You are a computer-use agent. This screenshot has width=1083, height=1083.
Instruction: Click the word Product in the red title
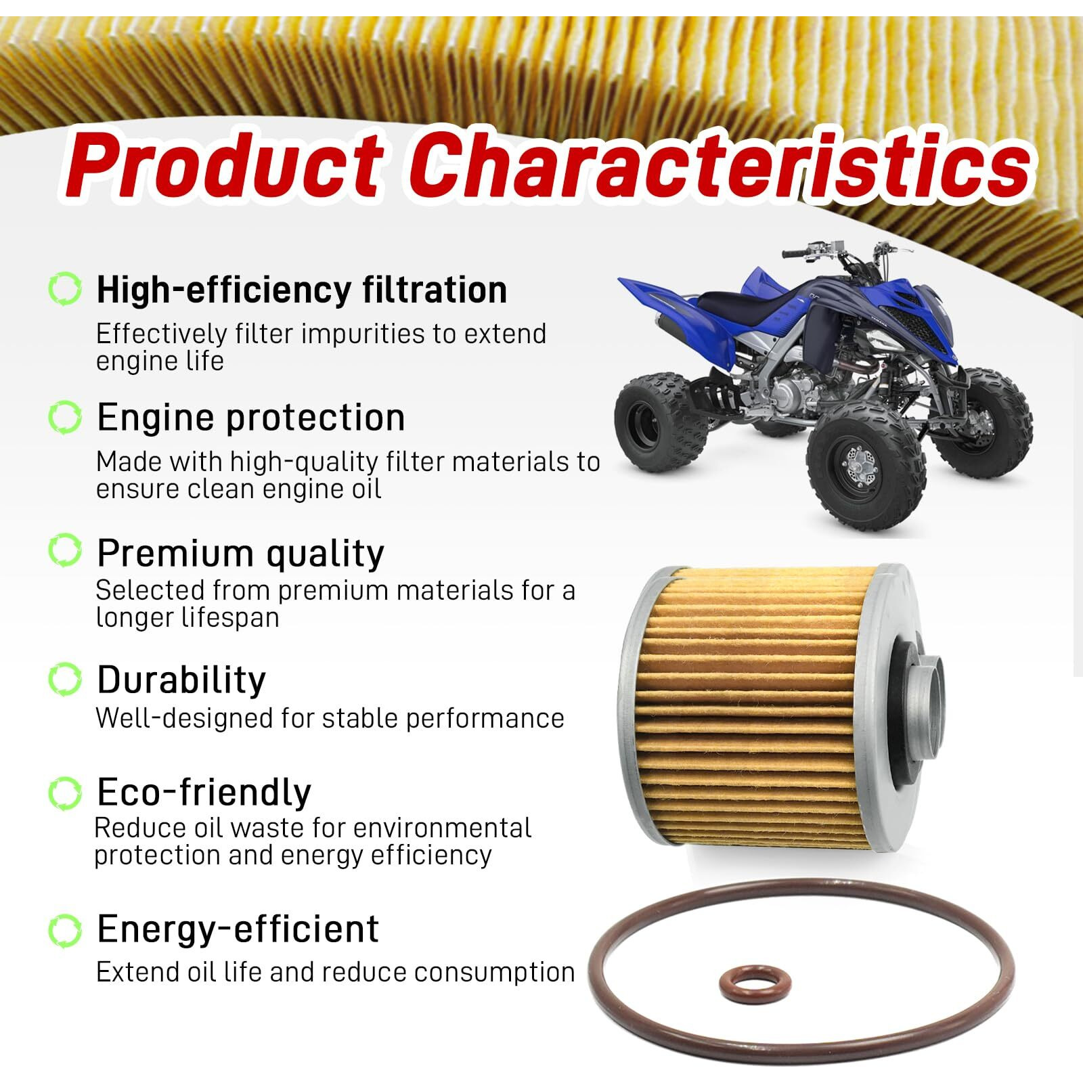pos(223,166)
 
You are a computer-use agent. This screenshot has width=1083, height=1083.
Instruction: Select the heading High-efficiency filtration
pos(302,290)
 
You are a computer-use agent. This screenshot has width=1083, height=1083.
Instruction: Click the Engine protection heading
pos(251,417)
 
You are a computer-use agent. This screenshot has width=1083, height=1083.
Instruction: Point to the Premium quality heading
pos(240,553)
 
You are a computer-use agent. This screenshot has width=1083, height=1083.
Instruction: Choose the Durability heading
pos(181,680)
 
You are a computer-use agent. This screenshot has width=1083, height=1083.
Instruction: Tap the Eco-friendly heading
pos(204,792)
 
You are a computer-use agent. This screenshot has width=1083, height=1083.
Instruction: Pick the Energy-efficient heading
pos(238,929)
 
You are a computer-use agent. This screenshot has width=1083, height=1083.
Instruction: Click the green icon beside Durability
pos(65,679)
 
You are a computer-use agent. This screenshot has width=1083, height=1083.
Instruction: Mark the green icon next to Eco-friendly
pos(65,793)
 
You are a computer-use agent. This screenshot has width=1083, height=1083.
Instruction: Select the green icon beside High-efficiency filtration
pos(65,290)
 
